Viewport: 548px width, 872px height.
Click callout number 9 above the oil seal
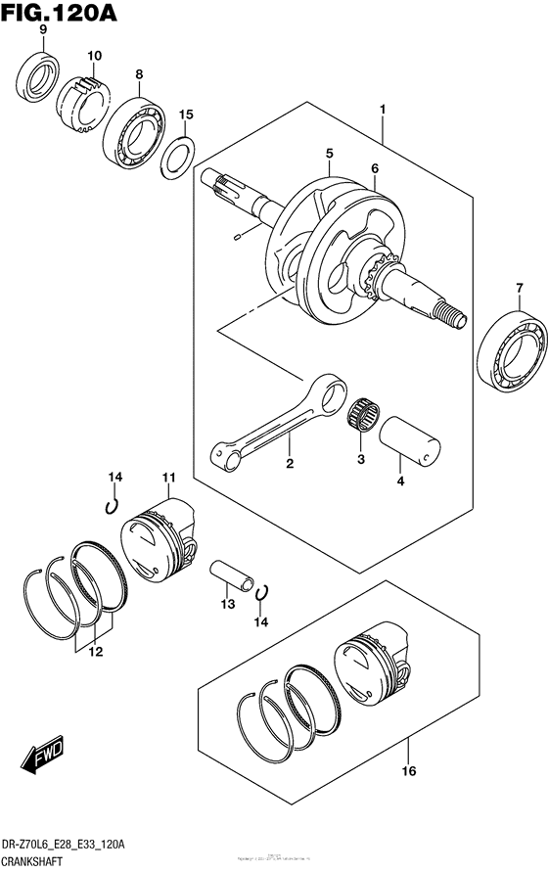click(42, 31)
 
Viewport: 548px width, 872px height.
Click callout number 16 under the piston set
click(408, 771)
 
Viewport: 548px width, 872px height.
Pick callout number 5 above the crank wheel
click(330, 154)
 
